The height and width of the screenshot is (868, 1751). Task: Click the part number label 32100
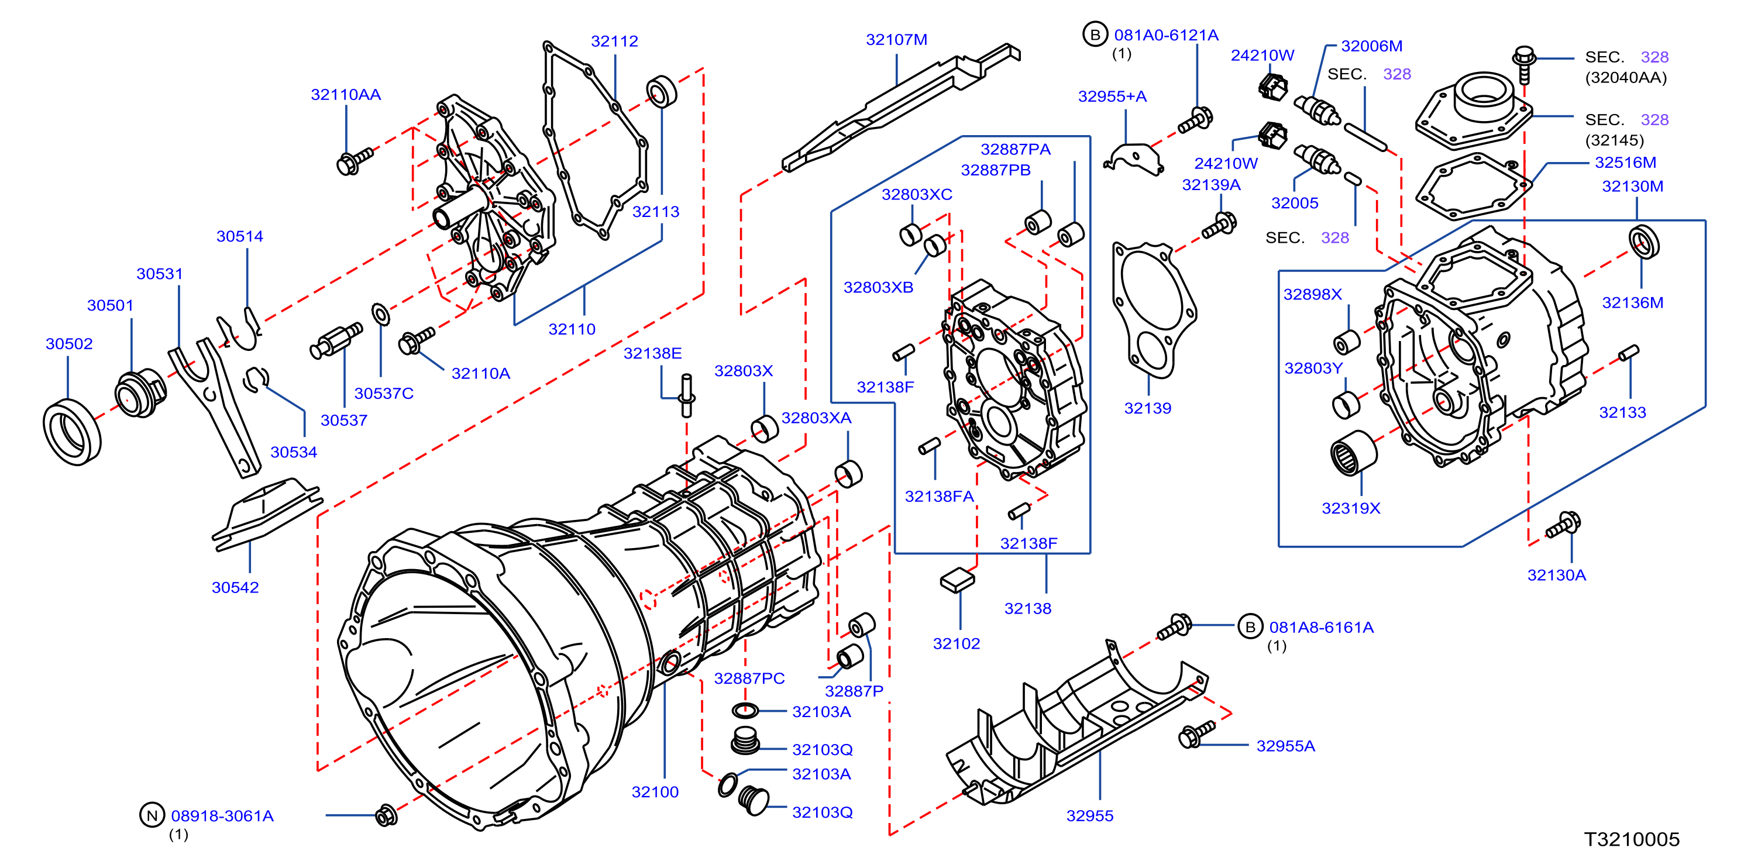click(x=655, y=792)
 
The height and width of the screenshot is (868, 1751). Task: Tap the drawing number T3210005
click(x=1632, y=839)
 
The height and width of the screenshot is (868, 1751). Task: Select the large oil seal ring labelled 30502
click(x=72, y=432)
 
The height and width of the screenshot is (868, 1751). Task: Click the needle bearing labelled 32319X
click(x=1353, y=453)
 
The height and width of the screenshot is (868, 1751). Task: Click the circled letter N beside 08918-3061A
click(x=152, y=815)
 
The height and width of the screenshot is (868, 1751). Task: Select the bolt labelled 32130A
click(x=1563, y=525)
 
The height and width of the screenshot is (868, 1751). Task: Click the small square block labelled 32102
click(x=957, y=580)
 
